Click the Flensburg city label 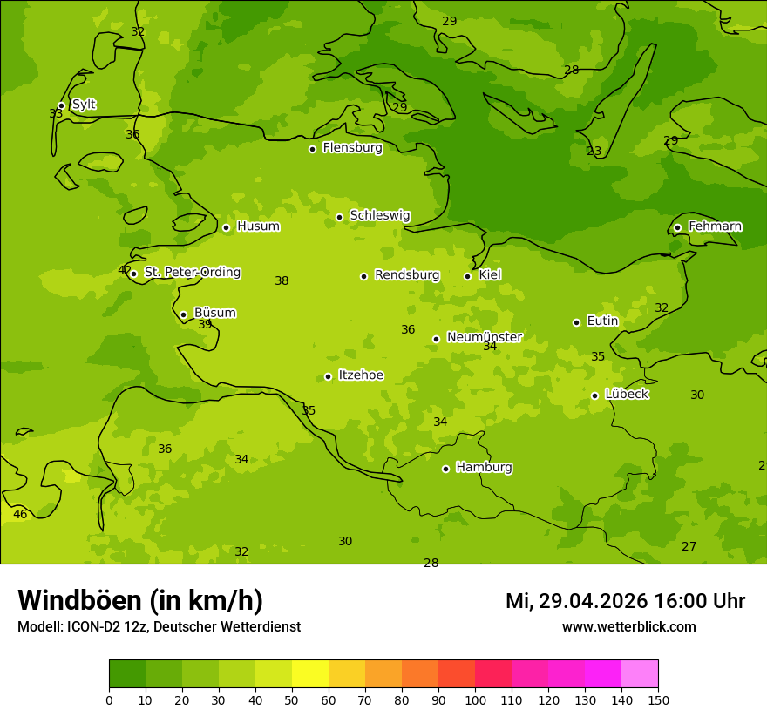(352, 148)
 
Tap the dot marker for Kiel (467, 276)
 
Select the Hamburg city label (484, 468)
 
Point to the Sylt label (84, 105)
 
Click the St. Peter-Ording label (192, 273)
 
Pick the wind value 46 (20, 515)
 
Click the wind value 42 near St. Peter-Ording (125, 271)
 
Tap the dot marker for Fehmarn (677, 227)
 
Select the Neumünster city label (484, 337)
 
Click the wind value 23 (594, 152)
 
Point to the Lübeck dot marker (594, 395)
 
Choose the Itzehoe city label (361, 375)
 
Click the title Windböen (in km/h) (140, 600)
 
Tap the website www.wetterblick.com (628, 627)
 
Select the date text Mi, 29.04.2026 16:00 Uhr (625, 601)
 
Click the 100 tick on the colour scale (475, 699)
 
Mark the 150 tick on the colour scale (658, 699)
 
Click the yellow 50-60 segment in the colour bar (310, 674)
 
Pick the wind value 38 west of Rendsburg (282, 281)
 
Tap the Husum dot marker (226, 227)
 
